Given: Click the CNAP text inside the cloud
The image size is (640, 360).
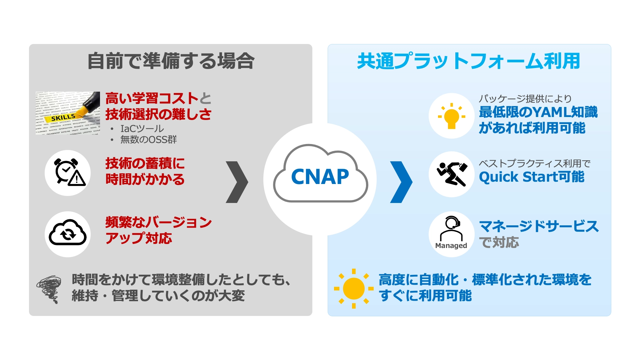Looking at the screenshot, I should point(320,177).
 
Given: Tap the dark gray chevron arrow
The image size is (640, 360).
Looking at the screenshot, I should point(237,182).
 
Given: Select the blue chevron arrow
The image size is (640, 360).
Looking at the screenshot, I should point(401,182).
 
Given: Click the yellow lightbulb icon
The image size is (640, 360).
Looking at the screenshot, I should point(451,116).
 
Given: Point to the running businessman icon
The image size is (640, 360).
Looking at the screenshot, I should point(452,174).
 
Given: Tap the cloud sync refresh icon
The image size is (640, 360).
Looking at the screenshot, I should point(68,233).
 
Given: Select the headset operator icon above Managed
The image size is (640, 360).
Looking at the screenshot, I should point(451,228).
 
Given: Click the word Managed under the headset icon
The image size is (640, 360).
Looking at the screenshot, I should point(451,246).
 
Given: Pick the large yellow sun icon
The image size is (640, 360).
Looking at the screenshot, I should point(354,288).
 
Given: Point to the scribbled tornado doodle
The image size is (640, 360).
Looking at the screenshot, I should point(49,288).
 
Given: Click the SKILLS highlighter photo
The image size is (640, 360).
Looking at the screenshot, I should point(68,113).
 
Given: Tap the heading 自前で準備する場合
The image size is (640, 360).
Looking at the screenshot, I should point(171,61).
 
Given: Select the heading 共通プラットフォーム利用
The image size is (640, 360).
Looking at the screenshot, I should point(469,61).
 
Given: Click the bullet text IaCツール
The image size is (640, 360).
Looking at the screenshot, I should point(142,129).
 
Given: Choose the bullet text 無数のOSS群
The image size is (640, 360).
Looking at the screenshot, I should point(148,140).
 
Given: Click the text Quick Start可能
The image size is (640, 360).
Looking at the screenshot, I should point(531,177).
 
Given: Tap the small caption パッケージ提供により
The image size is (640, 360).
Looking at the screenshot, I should point(525,99).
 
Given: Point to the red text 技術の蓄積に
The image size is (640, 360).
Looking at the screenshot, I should point(145,164).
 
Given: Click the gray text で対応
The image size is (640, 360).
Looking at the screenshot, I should point(499,242).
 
